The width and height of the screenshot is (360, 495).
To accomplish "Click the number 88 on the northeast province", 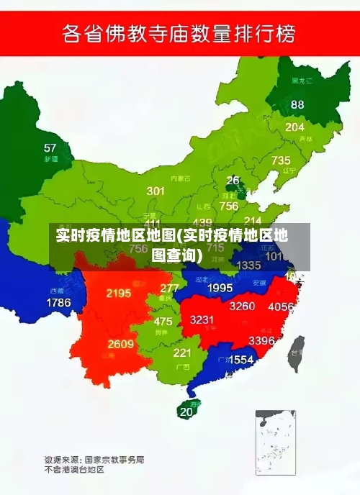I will click(x=297, y=104).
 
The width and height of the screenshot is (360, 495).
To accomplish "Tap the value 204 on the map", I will click(x=294, y=127).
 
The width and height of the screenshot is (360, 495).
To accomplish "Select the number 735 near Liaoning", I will click(x=281, y=160).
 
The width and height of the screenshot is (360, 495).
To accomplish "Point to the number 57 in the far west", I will click(x=50, y=147).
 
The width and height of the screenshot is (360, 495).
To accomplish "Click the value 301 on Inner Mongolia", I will click(x=156, y=191).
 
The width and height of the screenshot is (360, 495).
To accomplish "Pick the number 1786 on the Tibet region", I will click(x=58, y=303).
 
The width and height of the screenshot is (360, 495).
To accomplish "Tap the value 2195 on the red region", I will click(x=119, y=293).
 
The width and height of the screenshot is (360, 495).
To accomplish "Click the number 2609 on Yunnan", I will click(x=120, y=344).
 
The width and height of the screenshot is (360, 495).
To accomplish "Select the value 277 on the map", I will click(x=170, y=288).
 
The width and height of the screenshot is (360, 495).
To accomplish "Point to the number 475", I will click(x=163, y=322).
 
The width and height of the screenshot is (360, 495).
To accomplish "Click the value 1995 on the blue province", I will click(x=220, y=288).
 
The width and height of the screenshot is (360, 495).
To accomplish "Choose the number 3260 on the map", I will click(x=242, y=306).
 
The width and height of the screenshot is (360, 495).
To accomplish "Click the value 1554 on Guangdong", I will click(x=240, y=359).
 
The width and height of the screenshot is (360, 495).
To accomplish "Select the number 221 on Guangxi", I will click(x=181, y=353).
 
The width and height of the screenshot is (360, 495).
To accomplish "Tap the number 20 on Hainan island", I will click(x=186, y=412).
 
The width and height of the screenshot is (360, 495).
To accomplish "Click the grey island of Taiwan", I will click(x=295, y=353).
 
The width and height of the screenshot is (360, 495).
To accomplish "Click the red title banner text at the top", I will click(x=179, y=33).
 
